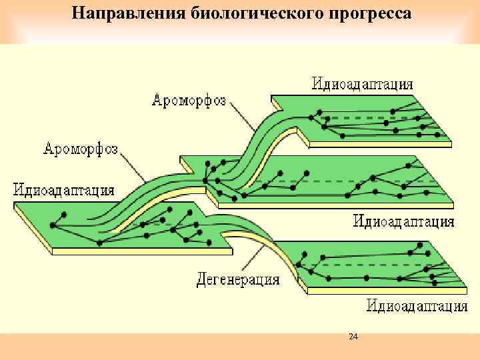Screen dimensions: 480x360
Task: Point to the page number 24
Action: coord(353,337)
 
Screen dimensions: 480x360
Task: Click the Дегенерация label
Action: coord(238,279)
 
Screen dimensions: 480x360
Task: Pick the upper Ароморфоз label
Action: coord(189,101)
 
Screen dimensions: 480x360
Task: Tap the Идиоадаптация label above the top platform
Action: coord(363,84)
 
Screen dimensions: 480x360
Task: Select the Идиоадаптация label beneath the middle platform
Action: coord(404,221)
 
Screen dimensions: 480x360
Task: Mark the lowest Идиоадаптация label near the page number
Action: coord(417,306)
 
